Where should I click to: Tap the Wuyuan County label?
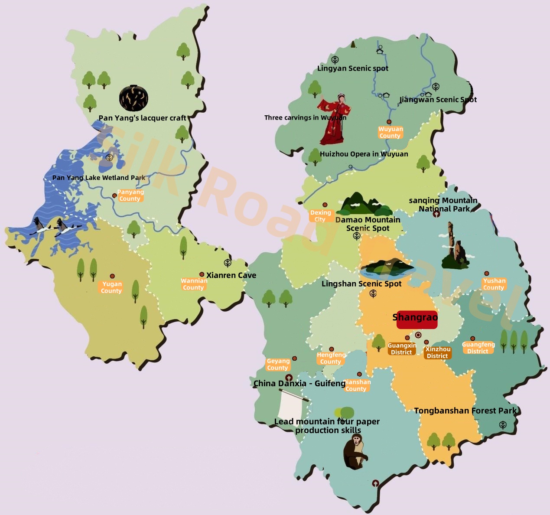(390, 133)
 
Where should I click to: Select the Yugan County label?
(111, 287)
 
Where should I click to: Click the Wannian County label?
(194, 284)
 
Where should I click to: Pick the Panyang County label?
(130, 196)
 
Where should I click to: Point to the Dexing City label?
(320, 216)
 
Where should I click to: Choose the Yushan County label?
(494, 284)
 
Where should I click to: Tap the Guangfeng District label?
(478, 348)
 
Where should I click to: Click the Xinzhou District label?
(438, 352)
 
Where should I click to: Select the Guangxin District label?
(402, 349)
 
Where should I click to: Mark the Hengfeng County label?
(331, 358)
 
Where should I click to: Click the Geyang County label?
(278, 364)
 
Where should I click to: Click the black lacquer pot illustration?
(133, 98)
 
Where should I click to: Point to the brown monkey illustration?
(355, 452)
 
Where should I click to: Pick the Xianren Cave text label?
(231, 275)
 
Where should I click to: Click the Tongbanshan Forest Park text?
(465, 411)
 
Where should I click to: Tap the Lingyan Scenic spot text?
(352, 68)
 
